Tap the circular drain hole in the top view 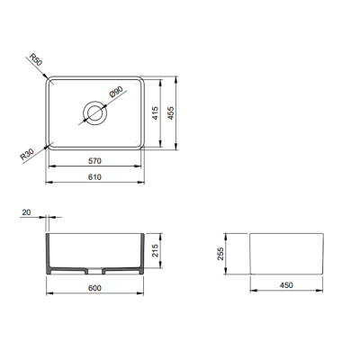(x=94, y=112)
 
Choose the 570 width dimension (x=94, y=162)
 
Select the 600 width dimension (x=94, y=288)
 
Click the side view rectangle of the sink (x=284, y=253)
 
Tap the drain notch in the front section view (x=94, y=270)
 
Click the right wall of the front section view (x=142, y=253)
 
